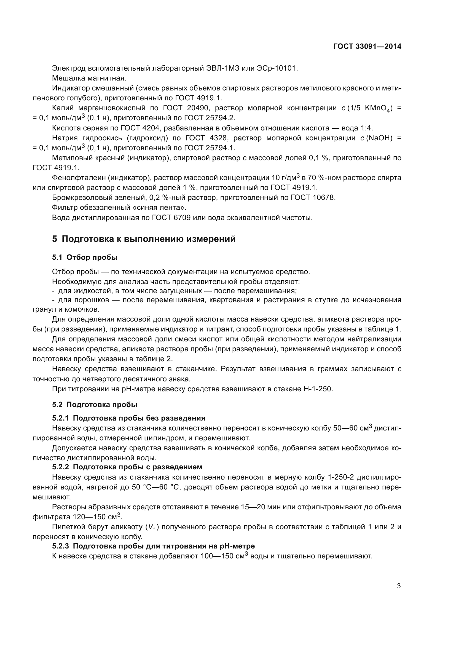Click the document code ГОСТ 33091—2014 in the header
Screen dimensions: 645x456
(x=367, y=47)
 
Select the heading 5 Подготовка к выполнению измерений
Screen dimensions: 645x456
(x=144, y=239)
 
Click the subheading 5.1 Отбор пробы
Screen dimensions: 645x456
(x=85, y=257)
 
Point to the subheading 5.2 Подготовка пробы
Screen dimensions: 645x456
(x=95, y=405)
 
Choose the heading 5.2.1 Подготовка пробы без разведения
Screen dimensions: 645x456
(x=128, y=418)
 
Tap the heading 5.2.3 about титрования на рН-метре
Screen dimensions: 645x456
(x=153, y=546)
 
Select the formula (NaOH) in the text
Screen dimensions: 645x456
(x=379, y=138)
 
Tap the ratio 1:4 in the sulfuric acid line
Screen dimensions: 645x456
(x=366, y=129)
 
